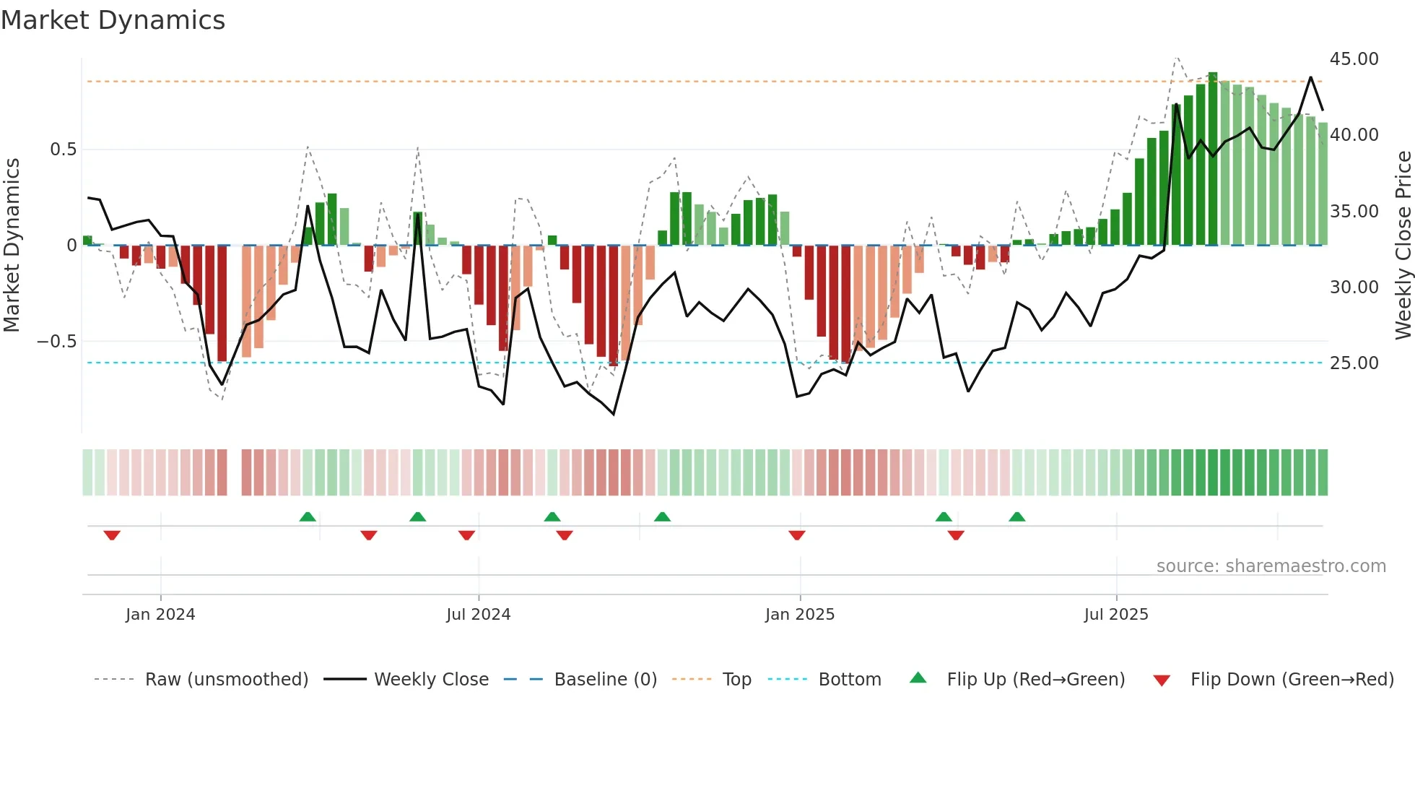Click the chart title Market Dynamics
click(x=113, y=20)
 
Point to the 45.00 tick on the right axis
click(x=1354, y=59)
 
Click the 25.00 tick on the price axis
click(x=1354, y=363)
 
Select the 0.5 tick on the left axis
click(x=63, y=150)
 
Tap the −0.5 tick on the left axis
click(x=57, y=342)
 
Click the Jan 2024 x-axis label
click(x=160, y=615)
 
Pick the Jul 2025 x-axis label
click(x=1115, y=615)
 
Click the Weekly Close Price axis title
click(x=1403, y=246)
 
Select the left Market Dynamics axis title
click(x=12, y=246)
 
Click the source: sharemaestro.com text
click(x=1271, y=566)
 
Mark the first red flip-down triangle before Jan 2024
click(x=112, y=535)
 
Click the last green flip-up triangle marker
click(x=1016, y=516)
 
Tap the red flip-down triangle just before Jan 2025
click(x=797, y=535)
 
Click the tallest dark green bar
click(x=1213, y=159)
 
